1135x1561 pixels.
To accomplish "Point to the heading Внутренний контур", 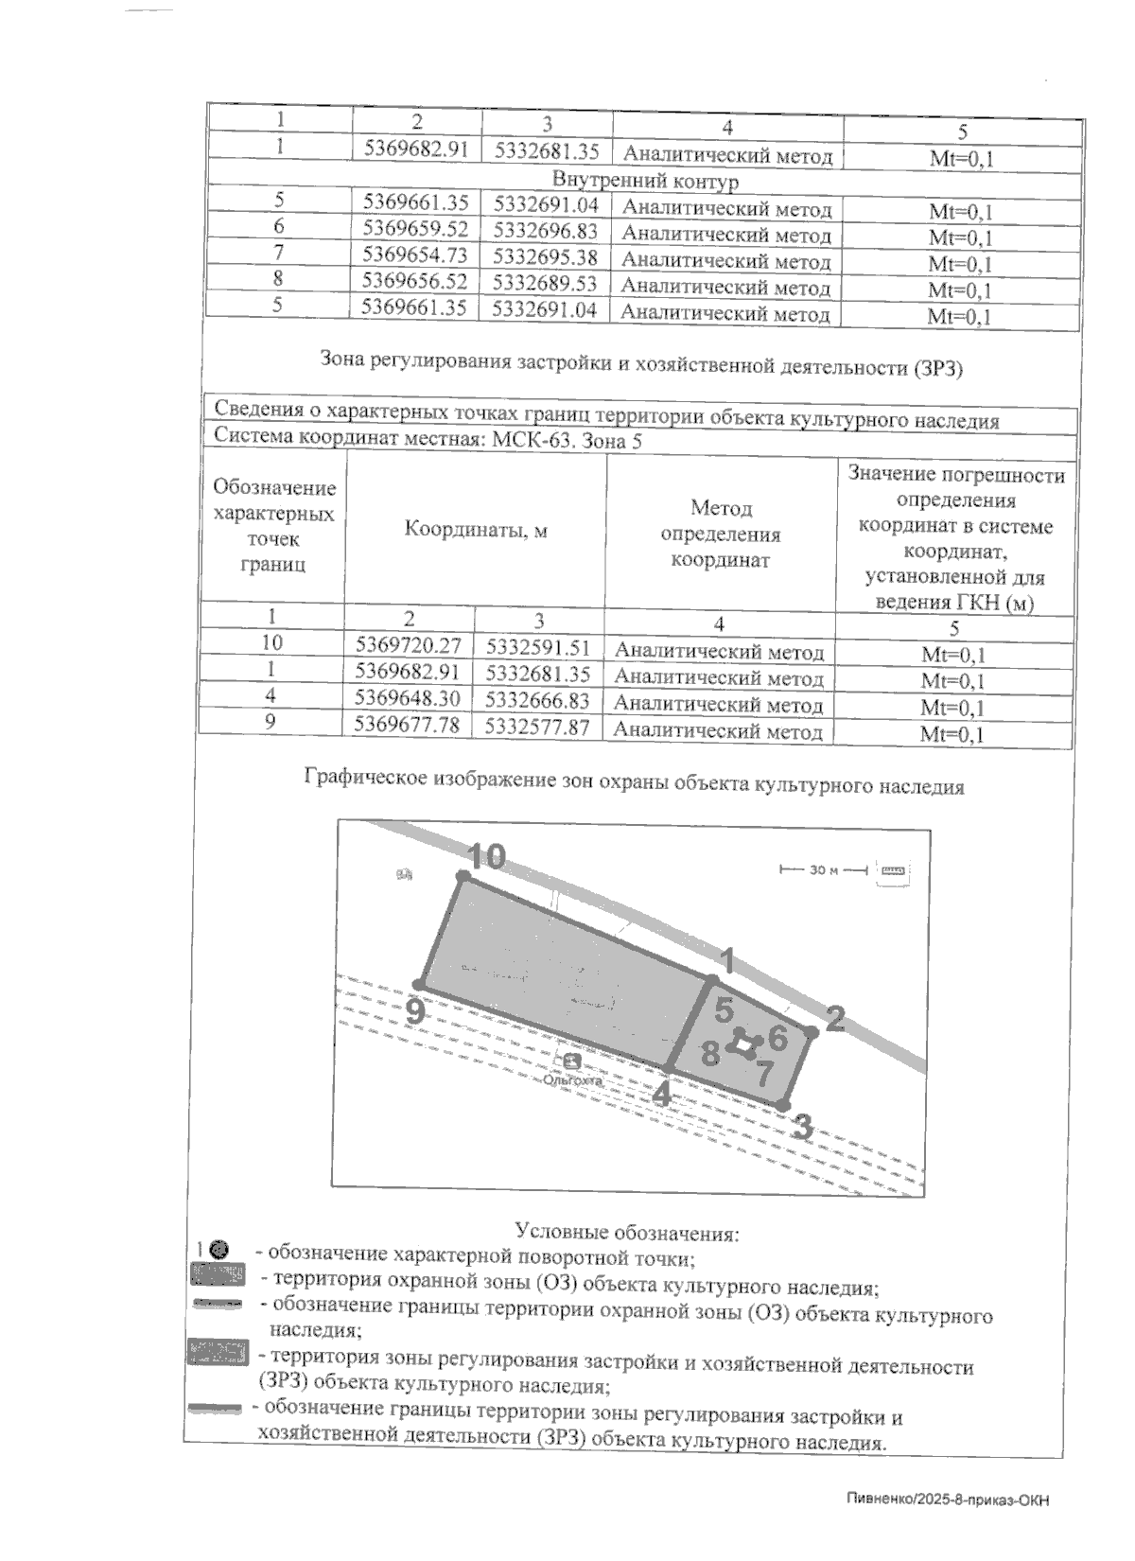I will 645,180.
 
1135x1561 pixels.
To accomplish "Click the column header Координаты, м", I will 476,531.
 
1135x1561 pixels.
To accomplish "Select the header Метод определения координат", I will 721,534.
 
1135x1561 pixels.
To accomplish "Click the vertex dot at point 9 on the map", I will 418,984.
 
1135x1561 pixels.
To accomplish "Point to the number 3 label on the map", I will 802,1127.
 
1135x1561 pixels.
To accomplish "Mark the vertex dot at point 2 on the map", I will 811,1030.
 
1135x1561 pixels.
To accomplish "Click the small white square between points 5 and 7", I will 746,1045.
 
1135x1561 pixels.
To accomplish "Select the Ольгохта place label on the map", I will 572,1079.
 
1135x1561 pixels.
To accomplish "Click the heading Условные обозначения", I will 626,1233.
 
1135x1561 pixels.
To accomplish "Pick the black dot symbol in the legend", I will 218,1251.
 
